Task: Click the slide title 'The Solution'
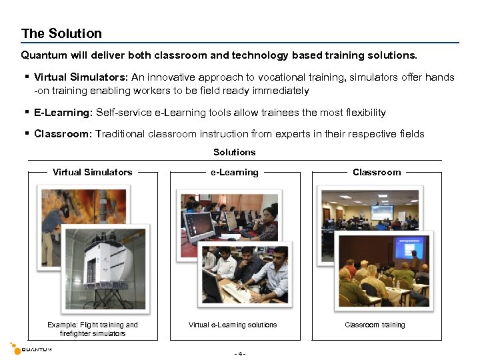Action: tap(61, 33)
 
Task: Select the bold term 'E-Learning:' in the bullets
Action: tap(64, 113)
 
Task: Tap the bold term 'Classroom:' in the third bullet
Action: tap(63, 134)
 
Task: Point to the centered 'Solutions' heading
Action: tap(234, 152)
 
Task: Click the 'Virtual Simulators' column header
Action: tap(93, 172)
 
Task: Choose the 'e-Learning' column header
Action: tap(234, 172)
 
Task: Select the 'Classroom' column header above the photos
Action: tap(377, 172)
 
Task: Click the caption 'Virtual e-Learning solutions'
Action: tap(233, 325)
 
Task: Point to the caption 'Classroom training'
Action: tap(375, 325)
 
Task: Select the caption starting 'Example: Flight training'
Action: tap(93, 329)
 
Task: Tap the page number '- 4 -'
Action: tap(240, 353)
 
